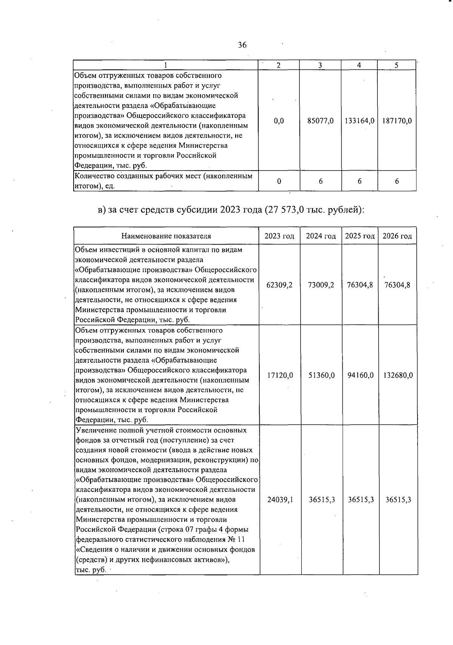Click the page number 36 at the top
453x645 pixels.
pyautogui.click(x=242, y=45)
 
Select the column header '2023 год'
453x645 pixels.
pyautogui.click(x=279, y=236)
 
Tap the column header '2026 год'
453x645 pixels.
pyautogui.click(x=397, y=236)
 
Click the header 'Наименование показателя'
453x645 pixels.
pyautogui.click(x=166, y=236)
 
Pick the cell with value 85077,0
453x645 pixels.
pyautogui.click(x=320, y=121)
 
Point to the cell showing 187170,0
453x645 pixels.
pyautogui.click(x=397, y=121)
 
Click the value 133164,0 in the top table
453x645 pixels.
pyautogui.click(x=359, y=121)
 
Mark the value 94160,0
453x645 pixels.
pyautogui.click(x=360, y=376)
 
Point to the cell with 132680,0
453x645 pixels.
pyautogui.click(x=398, y=376)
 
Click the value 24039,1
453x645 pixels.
pyautogui.click(x=280, y=500)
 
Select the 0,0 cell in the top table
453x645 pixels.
pyautogui.click(x=279, y=121)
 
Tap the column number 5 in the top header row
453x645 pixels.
pyautogui.click(x=396, y=65)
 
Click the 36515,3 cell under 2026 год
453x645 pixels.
pyautogui.click(x=398, y=500)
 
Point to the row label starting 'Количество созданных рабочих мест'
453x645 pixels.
pyautogui.click(x=163, y=181)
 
